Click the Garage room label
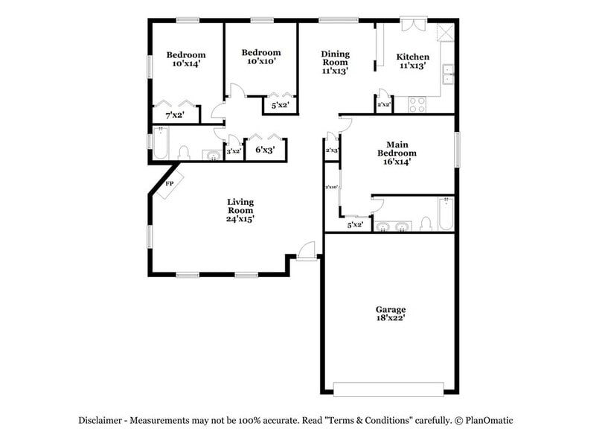[x=390, y=308]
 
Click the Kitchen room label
[x=412, y=57]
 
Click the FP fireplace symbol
[x=169, y=184]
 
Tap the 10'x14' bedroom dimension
[x=185, y=65]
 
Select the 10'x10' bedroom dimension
[x=261, y=63]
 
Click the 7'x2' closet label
[x=174, y=115]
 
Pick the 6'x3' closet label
[x=266, y=150]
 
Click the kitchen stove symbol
[x=417, y=105]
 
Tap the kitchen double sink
[x=449, y=74]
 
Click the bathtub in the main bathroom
[x=446, y=214]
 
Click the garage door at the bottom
[x=388, y=388]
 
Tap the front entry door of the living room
[x=306, y=252]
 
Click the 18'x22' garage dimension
[x=390, y=318]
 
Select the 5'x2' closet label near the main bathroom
[x=355, y=224]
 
